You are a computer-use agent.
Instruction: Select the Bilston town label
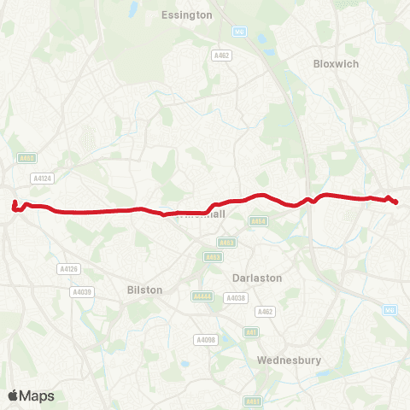click(x=144, y=290)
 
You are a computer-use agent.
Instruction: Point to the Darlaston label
click(x=256, y=278)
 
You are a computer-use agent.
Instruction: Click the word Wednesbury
click(x=289, y=360)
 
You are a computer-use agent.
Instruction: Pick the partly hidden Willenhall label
click(x=205, y=215)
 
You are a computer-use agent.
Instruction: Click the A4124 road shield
click(x=43, y=178)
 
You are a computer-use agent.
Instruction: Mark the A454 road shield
click(x=258, y=221)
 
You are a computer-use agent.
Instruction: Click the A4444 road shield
click(x=203, y=296)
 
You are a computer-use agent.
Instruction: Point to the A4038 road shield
click(x=235, y=298)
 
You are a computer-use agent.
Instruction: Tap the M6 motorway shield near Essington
click(x=239, y=32)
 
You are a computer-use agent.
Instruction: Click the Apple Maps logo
click(x=31, y=395)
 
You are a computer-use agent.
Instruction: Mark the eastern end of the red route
click(x=396, y=202)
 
